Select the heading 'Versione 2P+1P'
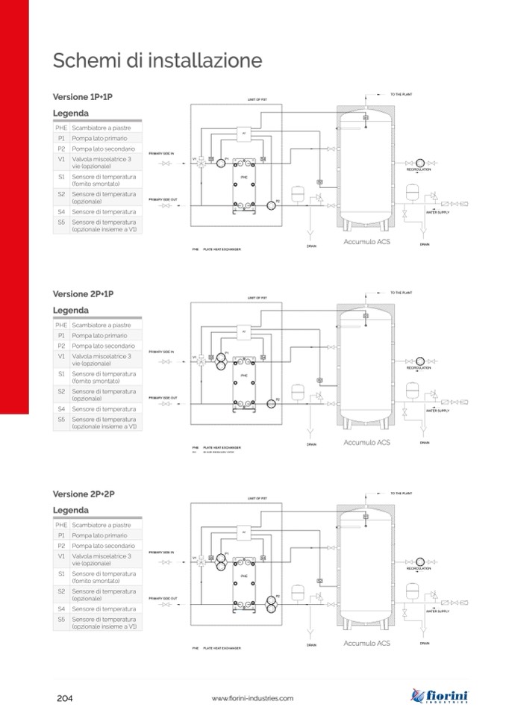point(83,294)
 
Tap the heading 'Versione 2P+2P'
point(83,494)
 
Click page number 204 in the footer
point(65,698)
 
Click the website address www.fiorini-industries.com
point(252,698)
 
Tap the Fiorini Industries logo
point(440,696)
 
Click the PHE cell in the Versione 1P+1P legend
point(61,128)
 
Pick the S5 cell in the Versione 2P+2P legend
point(61,623)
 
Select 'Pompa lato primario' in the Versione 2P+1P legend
point(99,336)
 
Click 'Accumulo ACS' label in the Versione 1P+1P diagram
point(366,242)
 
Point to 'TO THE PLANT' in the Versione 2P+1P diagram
point(402,293)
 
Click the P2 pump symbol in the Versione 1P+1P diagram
point(270,204)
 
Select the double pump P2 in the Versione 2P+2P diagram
point(271,602)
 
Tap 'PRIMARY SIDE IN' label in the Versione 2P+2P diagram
point(161,552)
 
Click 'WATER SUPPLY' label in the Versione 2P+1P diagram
point(437,411)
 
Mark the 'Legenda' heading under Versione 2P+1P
point(71,311)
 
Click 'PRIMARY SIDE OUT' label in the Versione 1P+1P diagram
point(163,199)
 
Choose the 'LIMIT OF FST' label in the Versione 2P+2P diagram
point(257,497)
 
